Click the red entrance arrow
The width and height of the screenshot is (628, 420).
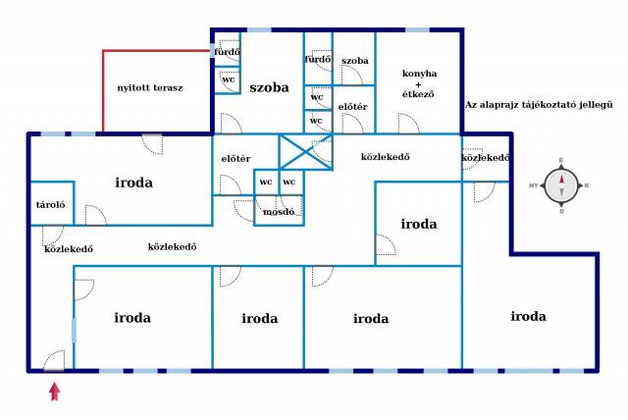tap(55, 392)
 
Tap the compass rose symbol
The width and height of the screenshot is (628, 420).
tap(561, 185)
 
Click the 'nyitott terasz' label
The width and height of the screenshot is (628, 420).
tap(150, 87)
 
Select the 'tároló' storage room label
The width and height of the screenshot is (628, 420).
tap(50, 204)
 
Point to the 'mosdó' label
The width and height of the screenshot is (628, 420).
tap(279, 211)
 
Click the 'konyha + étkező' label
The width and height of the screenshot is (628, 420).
tap(419, 83)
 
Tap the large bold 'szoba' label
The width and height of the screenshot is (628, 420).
tap(269, 87)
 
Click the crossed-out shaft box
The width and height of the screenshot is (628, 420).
tap(306, 152)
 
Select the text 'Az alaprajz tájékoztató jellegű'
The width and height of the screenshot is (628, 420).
tap(539, 105)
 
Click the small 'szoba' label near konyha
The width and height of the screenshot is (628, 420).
tap(355, 61)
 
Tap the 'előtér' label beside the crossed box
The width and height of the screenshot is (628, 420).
tap(235, 159)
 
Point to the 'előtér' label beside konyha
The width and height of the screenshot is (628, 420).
tap(352, 107)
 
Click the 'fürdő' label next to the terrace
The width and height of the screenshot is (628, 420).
tap(227, 52)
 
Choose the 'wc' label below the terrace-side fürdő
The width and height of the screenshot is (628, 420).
tap(229, 79)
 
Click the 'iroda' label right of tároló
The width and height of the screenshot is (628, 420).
tap(133, 183)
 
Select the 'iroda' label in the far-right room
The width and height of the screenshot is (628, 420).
tap(528, 316)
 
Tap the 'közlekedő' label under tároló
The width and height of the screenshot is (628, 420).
tap(69, 248)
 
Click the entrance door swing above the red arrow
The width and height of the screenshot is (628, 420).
tap(54, 360)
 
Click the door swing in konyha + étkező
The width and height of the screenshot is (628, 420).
tap(408, 124)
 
